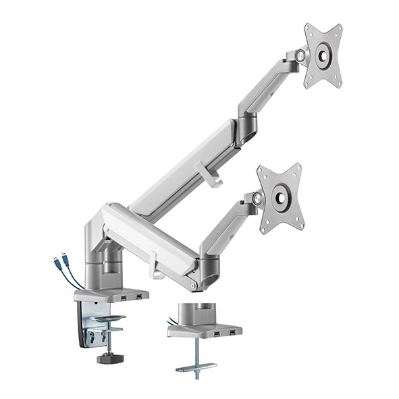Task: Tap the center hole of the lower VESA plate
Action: [x=280, y=199]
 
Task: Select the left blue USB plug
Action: [x=54, y=262]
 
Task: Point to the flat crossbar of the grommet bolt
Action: [x=196, y=368]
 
